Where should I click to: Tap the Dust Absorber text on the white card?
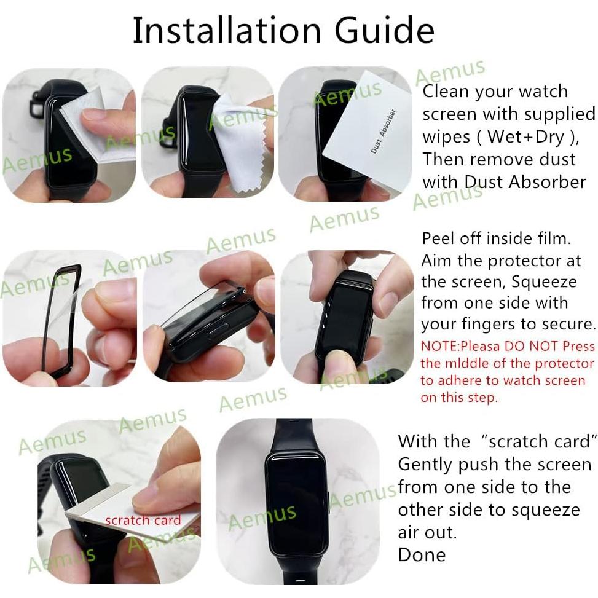pos(383,130)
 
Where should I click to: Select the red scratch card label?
pos(143,521)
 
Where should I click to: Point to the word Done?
pos(422,554)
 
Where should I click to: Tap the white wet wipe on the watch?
pos(98,126)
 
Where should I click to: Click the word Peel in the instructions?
pos(438,238)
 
